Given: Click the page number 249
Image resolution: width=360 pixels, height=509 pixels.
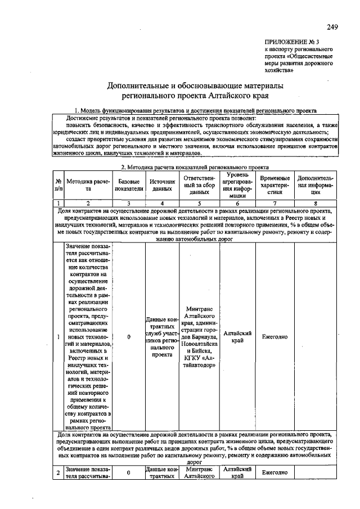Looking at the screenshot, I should coord(331,28).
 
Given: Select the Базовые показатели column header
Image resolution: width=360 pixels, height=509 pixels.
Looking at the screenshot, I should coord(129,185).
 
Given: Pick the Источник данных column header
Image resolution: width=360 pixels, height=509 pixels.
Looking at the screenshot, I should coord(162,185).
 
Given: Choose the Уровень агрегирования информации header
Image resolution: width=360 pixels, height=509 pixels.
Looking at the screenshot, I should coord(237,185).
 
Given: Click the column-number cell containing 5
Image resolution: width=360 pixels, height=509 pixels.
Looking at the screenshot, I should coord(199,202).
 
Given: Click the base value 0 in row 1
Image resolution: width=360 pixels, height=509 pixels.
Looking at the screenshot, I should coord(129,337).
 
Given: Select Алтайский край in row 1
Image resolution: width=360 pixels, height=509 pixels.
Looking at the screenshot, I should coord(237,337).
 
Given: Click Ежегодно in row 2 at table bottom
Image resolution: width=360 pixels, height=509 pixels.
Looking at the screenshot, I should coord(274,472).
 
